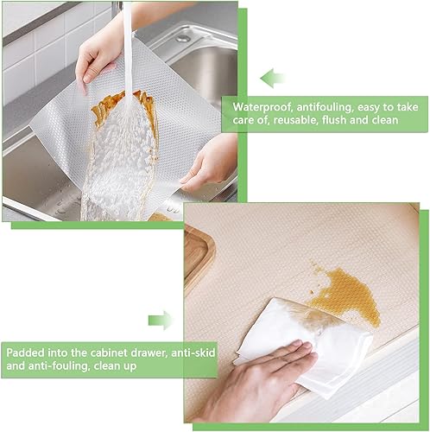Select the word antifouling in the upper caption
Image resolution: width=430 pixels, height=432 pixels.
coord(326,107)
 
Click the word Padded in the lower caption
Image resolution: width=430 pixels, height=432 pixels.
coord(25,353)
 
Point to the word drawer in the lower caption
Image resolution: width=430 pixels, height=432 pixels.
coord(149,353)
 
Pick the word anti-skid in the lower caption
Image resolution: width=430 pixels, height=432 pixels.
coord(193,353)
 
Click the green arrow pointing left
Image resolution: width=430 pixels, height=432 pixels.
coord(272,78)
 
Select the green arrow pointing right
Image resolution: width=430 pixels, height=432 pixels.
coord(161,321)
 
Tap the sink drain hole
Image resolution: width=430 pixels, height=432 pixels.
coord(183,38)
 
